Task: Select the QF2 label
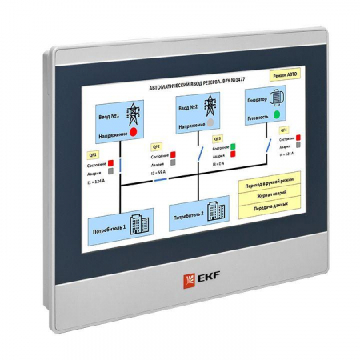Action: tap(157, 146)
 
